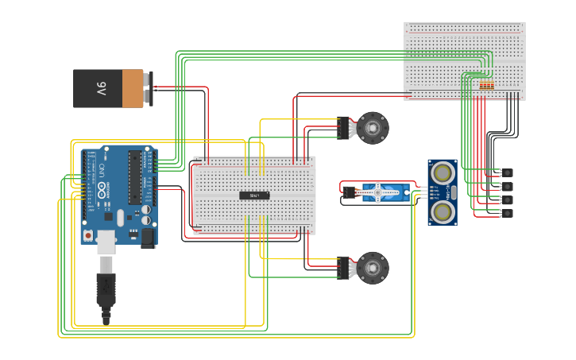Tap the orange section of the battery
[x=133, y=88]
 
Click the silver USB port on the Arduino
[x=106, y=239]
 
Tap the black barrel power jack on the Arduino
[x=147, y=236]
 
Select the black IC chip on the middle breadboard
[x=254, y=195]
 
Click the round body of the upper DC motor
[x=373, y=127]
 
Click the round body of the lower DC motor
[x=373, y=268]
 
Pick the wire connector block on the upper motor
[x=343, y=127]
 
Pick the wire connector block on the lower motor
[x=343, y=268]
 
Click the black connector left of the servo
[x=348, y=192]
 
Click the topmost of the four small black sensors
[x=507, y=172]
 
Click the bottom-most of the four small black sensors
[x=507, y=213]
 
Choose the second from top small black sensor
[x=507, y=186]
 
